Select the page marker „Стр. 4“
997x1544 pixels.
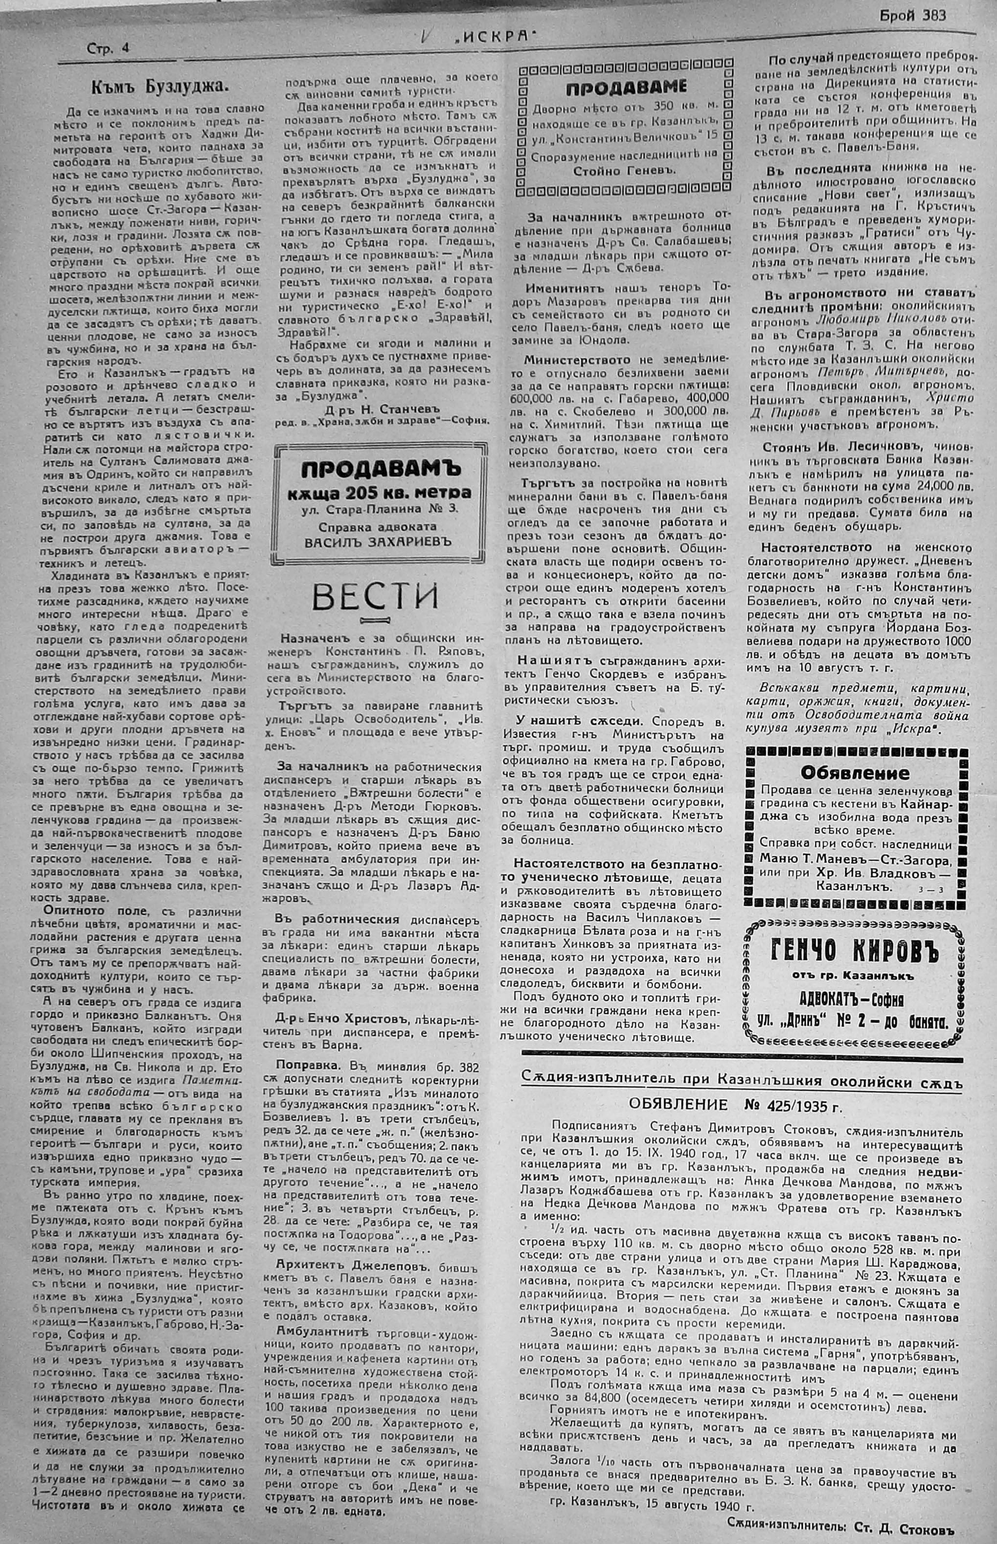tap(108, 48)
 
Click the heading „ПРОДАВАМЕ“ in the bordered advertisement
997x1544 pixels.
tap(626, 88)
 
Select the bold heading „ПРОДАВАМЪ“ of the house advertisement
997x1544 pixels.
tap(380, 467)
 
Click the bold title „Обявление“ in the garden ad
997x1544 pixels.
tap(855, 773)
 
